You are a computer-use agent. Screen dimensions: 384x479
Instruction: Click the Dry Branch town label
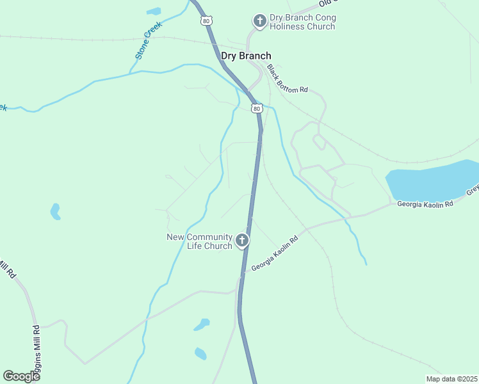[x=246, y=56]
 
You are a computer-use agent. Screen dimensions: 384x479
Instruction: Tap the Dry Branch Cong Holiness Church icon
[x=259, y=22]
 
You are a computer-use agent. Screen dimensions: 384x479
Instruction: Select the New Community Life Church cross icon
[x=241, y=241]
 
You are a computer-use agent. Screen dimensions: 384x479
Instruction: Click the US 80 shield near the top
[x=206, y=21]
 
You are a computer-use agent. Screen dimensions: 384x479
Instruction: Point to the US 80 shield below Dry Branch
[x=257, y=109]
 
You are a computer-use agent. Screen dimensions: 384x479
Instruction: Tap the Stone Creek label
[x=149, y=40]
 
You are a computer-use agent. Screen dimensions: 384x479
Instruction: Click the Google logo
[x=21, y=376]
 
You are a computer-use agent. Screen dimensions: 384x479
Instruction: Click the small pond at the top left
[x=154, y=11]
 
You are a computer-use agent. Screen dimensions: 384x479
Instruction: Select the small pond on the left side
[x=56, y=211]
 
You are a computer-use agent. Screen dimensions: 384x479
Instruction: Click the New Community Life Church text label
[x=199, y=241]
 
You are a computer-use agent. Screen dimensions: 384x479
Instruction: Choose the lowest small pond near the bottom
[x=200, y=353]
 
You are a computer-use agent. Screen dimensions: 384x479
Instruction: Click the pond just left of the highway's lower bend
[x=202, y=324]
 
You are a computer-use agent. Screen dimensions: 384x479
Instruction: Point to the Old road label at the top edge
[x=327, y=3]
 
